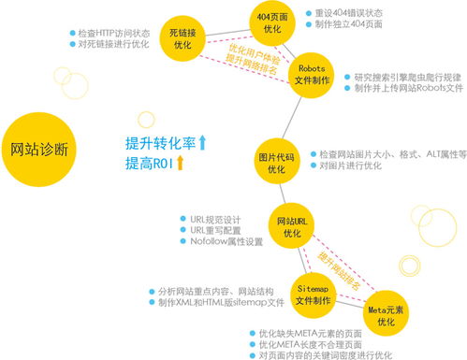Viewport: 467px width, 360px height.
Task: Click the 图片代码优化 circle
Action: tap(274, 159)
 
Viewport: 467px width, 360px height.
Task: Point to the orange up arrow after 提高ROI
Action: tap(182, 164)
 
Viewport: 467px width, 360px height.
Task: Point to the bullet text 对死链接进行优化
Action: tap(113, 43)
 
